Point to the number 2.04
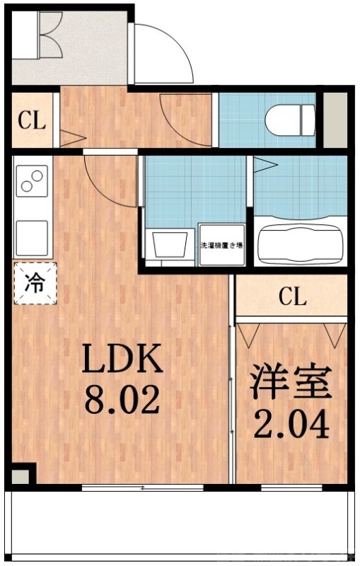click(291, 425)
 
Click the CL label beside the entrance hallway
click(32, 120)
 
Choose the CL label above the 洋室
click(292, 297)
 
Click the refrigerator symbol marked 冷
click(33, 283)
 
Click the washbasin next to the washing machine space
click(169, 245)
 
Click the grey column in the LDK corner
click(22, 475)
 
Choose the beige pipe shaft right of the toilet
click(331, 119)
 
